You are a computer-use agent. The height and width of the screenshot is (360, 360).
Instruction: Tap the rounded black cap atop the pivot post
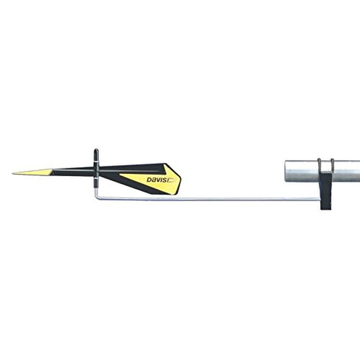click(x=96, y=151)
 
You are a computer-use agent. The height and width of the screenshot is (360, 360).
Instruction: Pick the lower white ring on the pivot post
click(x=96, y=177)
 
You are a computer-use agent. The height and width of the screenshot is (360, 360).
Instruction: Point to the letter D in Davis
click(x=149, y=180)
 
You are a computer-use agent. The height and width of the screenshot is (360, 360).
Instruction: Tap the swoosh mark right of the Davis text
click(x=172, y=179)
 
